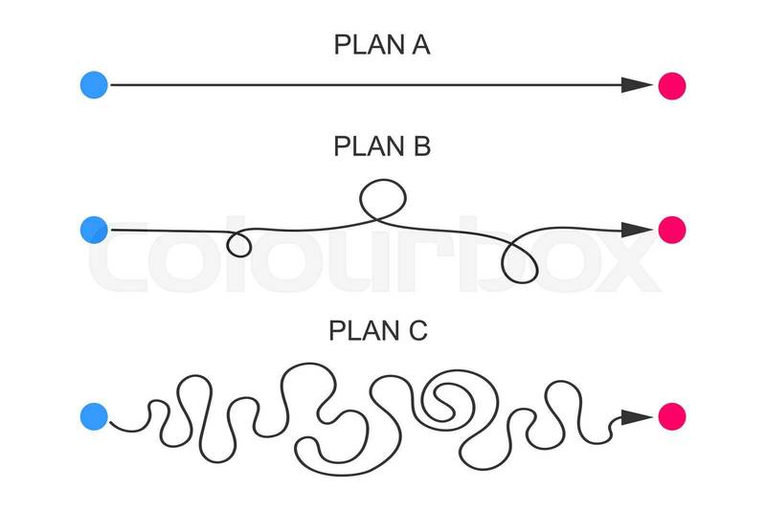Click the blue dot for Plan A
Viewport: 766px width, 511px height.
point(94,85)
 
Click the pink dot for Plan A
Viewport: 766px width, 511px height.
point(672,85)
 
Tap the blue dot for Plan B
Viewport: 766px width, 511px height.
point(94,230)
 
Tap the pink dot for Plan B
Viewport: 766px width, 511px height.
point(672,230)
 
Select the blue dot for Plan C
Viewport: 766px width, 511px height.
point(94,416)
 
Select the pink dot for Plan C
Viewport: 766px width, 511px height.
point(672,416)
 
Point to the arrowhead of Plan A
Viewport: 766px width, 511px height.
point(635,85)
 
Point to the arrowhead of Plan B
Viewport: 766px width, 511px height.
point(635,230)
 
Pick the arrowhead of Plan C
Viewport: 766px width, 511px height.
point(635,416)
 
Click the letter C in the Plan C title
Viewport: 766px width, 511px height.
point(417,331)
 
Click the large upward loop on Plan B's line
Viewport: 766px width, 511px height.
point(382,197)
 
